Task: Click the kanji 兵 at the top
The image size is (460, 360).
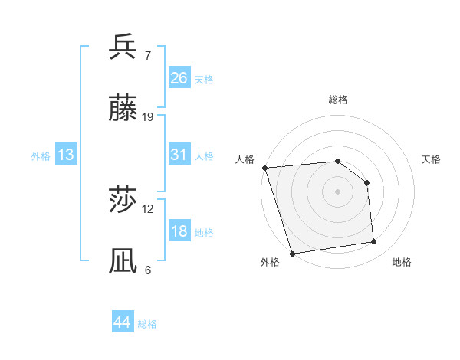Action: pyautogui.click(x=123, y=47)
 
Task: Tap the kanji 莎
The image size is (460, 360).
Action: pyautogui.click(x=123, y=201)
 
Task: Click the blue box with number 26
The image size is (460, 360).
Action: pyautogui.click(x=179, y=77)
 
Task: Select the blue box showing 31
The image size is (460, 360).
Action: pyautogui.click(x=179, y=155)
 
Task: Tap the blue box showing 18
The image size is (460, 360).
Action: pyautogui.click(x=179, y=231)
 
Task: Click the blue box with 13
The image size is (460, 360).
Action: pyautogui.click(x=66, y=155)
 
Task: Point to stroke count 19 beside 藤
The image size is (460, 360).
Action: pyautogui.click(x=148, y=117)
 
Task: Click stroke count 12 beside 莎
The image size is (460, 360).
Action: pyautogui.click(x=148, y=208)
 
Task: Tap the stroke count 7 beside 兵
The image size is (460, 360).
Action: pyautogui.click(x=148, y=55)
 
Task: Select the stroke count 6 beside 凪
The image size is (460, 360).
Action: pyautogui.click(x=148, y=270)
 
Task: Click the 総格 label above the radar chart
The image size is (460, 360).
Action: pyautogui.click(x=338, y=100)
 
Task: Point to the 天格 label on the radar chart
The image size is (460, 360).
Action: pyautogui.click(x=431, y=159)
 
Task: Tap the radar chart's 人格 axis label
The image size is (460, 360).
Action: pyautogui.click(x=245, y=159)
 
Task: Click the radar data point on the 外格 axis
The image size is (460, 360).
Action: pyautogui.click(x=292, y=253)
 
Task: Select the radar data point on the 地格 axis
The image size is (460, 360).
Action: pyautogui.click(x=374, y=242)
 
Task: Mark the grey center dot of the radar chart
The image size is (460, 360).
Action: pyautogui.click(x=338, y=191)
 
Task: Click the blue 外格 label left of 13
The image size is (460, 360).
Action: pyautogui.click(x=41, y=155)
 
